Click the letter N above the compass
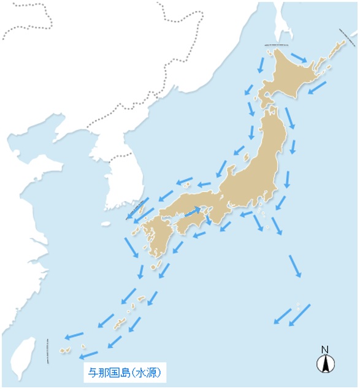pyautogui.click(x=324, y=350)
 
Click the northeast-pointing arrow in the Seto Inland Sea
pyautogui.click(x=193, y=213)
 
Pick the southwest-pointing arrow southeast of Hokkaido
pyautogui.click(x=316, y=88)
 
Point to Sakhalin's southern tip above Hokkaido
pyautogui.click(x=283, y=34)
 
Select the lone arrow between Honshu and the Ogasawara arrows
pyautogui.click(x=295, y=265)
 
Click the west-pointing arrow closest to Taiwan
pyautogui.click(x=74, y=335)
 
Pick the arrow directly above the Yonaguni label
pyautogui.click(x=89, y=354)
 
